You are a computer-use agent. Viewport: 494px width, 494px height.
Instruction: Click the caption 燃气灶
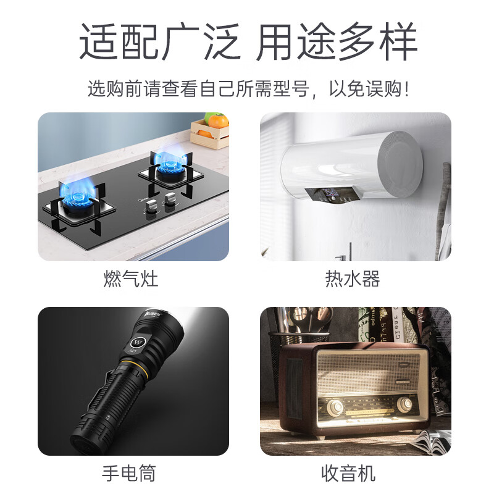tap(131, 278)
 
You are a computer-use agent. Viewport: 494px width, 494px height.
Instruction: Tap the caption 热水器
tap(353, 278)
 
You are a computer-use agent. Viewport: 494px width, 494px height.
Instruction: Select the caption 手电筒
tap(129, 473)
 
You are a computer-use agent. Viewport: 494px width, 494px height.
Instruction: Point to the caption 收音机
tap(348, 473)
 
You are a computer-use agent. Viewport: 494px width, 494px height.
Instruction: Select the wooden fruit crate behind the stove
tap(210, 134)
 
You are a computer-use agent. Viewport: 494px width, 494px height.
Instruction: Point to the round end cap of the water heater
tap(400, 164)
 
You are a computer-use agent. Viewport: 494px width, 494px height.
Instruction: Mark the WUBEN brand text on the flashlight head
tap(153, 314)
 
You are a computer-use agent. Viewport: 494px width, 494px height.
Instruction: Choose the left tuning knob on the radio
tap(335, 407)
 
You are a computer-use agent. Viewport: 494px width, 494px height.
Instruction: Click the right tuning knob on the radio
tap(404, 403)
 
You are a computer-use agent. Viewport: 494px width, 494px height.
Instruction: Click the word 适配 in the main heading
tap(119, 41)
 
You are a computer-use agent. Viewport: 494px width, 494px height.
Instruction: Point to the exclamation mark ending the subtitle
tap(408, 89)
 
